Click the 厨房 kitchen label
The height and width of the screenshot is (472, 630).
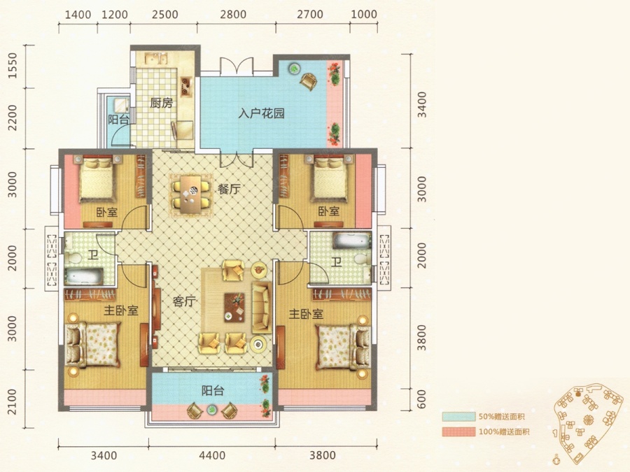(162, 103)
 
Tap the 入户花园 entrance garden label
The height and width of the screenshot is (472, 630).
(261, 113)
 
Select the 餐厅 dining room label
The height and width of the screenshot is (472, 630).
(230, 189)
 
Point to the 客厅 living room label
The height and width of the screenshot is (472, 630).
(184, 301)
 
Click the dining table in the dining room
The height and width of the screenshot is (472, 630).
(190, 194)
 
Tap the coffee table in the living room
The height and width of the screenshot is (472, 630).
(234, 308)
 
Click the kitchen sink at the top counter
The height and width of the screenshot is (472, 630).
(157, 59)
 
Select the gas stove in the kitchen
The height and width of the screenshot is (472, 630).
(185, 86)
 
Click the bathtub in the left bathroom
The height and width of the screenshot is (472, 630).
(84, 276)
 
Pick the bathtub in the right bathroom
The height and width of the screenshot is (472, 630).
(351, 241)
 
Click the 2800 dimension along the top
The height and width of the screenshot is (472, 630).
(233, 15)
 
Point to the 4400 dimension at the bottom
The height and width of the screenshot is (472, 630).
(211, 455)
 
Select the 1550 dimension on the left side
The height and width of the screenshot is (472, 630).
(13, 66)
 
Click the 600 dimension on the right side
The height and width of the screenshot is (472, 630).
(421, 399)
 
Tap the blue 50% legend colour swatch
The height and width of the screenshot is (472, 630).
(458, 417)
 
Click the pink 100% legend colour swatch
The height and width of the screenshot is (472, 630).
(458, 432)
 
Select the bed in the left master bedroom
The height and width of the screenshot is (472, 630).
(92, 344)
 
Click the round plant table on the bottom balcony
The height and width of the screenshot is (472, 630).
(211, 409)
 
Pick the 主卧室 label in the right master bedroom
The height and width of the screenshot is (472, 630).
(306, 314)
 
